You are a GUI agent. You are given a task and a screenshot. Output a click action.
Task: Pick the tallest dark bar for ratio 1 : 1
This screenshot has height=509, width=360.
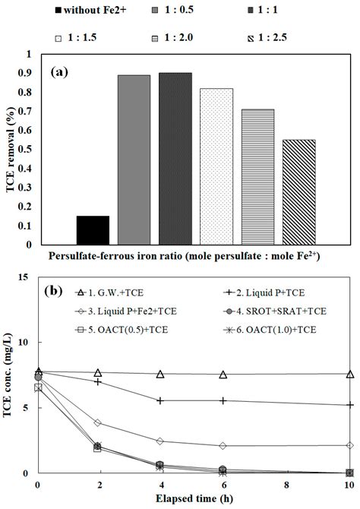point(175,159)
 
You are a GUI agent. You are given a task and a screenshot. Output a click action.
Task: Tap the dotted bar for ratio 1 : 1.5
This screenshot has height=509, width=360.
point(216,166)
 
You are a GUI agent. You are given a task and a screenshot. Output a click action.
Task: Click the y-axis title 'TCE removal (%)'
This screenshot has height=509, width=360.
point(11,147)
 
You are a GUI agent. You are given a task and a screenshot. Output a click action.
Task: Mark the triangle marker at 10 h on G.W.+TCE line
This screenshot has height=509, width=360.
point(349,374)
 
